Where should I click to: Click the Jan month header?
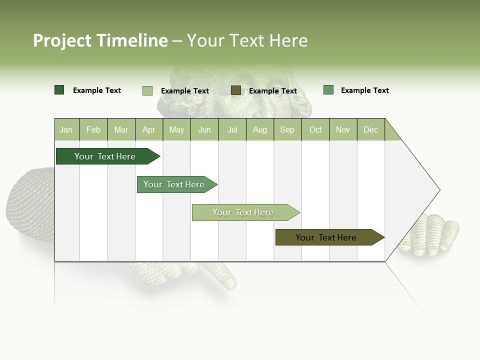click(66, 129)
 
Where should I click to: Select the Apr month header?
click(149, 129)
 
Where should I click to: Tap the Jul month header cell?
click(232, 129)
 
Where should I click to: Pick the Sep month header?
click(287, 129)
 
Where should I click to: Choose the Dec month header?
click(370, 129)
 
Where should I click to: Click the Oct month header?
click(315, 129)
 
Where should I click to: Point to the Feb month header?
click(93, 129)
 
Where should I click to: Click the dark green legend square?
click(59, 90)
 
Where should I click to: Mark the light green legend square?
click(147, 90)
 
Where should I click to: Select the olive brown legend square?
click(236, 90)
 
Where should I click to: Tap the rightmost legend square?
click(328, 90)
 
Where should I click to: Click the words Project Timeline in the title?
click(100, 40)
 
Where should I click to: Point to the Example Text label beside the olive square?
click(273, 91)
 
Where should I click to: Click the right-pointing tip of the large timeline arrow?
click(438, 190)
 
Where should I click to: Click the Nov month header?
click(343, 129)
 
